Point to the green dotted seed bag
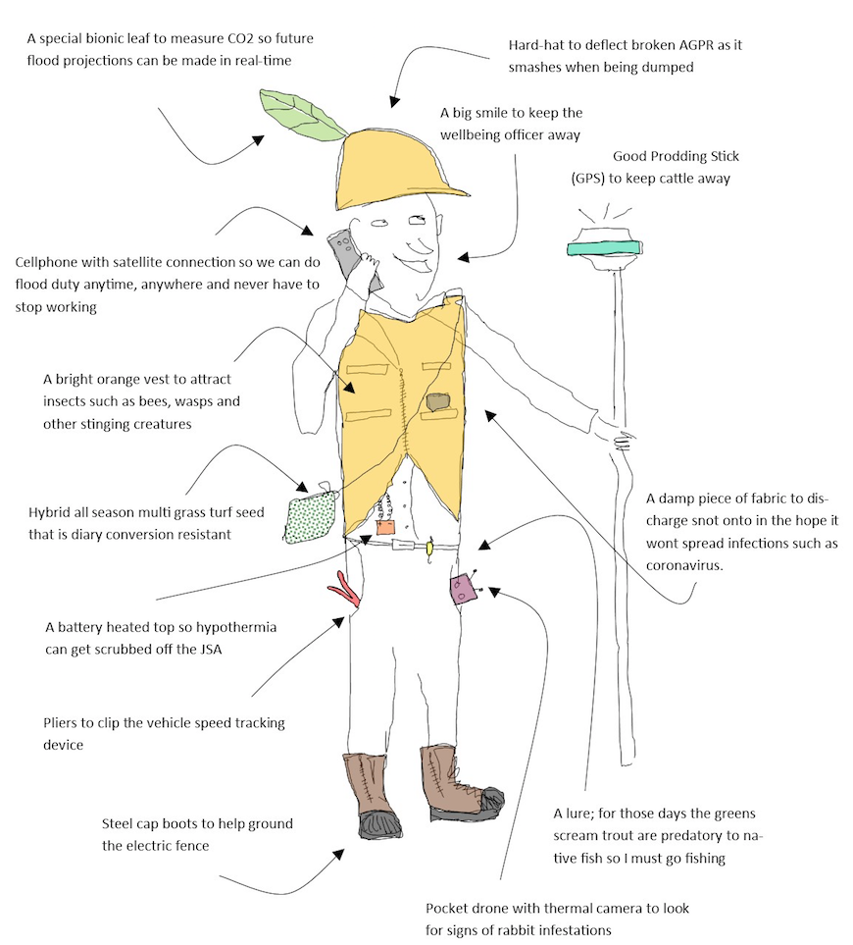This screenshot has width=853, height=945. [x=312, y=517]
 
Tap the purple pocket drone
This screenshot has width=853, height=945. [x=462, y=587]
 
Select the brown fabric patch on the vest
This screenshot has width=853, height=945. [x=438, y=402]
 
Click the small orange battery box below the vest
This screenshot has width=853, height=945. [x=385, y=527]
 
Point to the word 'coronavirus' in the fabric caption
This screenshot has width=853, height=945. [x=682, y=565]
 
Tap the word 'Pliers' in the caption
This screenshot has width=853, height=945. [x=66, y=723]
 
